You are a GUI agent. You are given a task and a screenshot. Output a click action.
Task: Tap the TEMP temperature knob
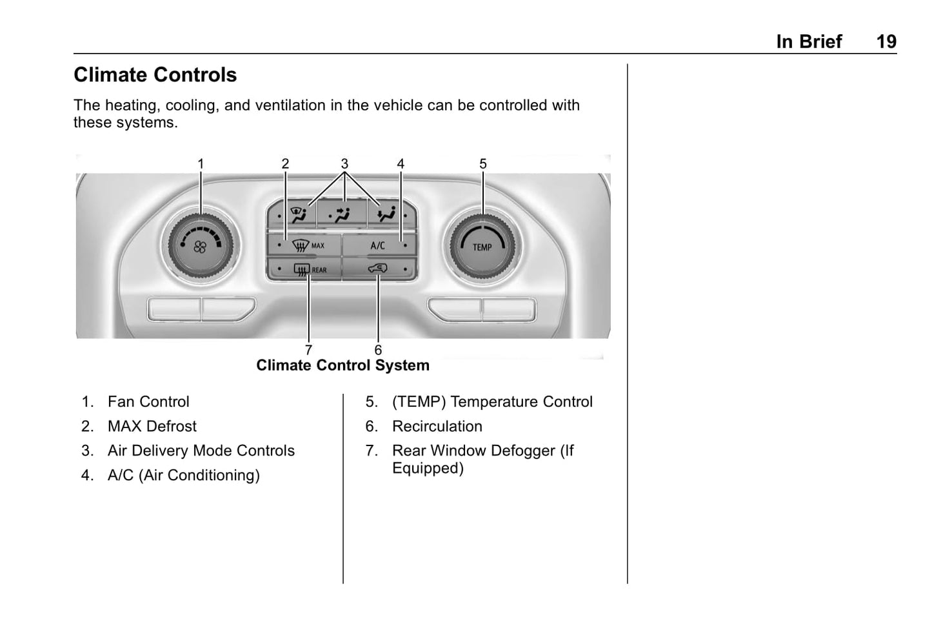(x=482, y=246)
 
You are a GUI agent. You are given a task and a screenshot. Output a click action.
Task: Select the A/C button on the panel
(x=378, y=245)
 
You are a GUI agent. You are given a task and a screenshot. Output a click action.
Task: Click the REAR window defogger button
(x=304, y=269)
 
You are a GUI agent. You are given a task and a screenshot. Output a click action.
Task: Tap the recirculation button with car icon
(x=378, y=269)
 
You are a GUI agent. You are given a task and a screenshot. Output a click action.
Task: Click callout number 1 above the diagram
(x=201, y=164)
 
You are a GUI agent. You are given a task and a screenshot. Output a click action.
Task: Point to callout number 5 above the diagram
(x=483, y=164)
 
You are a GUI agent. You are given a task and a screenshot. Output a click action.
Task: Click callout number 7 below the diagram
(x=308, y=350)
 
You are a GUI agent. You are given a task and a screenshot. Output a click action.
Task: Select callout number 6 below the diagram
(x=378, y=350)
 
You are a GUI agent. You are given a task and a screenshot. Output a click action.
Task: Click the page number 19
(x=886, y=42)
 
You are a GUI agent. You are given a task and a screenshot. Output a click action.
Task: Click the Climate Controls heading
(x=155, y=75)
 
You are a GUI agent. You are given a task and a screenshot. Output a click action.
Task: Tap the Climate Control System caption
(x=342, y=365)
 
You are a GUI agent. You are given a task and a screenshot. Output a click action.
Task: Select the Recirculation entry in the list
(x=437, y=426)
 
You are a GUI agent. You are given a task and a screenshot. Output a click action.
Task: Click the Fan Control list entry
(x=148, y=402)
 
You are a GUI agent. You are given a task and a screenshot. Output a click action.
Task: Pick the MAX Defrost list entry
(x=152, y=426)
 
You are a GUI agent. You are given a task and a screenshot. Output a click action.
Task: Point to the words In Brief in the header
(x=809, y=42)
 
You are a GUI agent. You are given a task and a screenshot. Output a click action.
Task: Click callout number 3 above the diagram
(x=344, y=164)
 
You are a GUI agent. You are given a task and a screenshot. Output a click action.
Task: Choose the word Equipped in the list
(x=428, y=468)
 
